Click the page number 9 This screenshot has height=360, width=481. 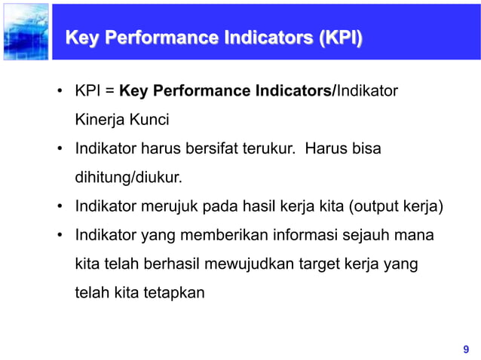click(x=465, y=349)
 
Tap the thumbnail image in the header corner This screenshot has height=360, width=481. click(x=25, y=32)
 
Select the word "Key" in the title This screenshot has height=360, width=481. click(x=82, y=38)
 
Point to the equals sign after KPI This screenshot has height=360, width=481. click(x=110, y=92)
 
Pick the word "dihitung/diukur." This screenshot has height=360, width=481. click(x=129, y=178)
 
